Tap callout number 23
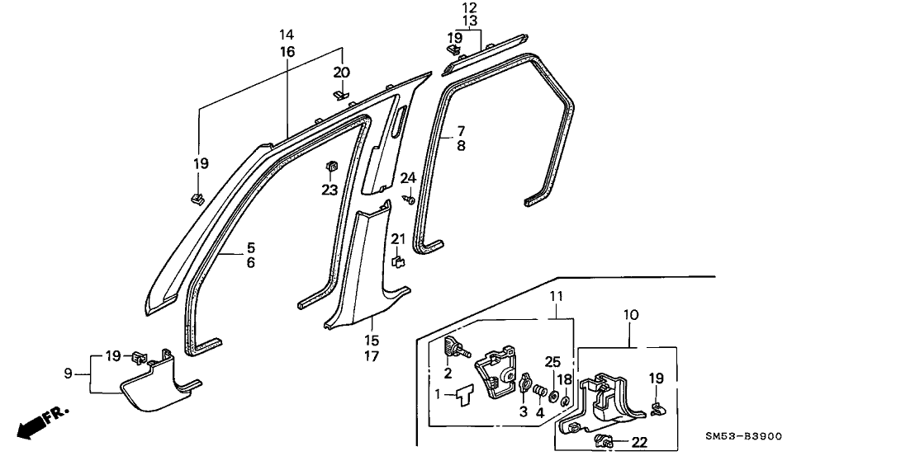click(x=330, y=189)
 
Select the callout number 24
click(x=408, y=178)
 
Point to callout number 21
click(x=397, y=239)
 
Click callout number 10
click(x=631, y=314)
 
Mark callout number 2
click(x=448, y=373)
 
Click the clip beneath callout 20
click(x=340, y=95)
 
